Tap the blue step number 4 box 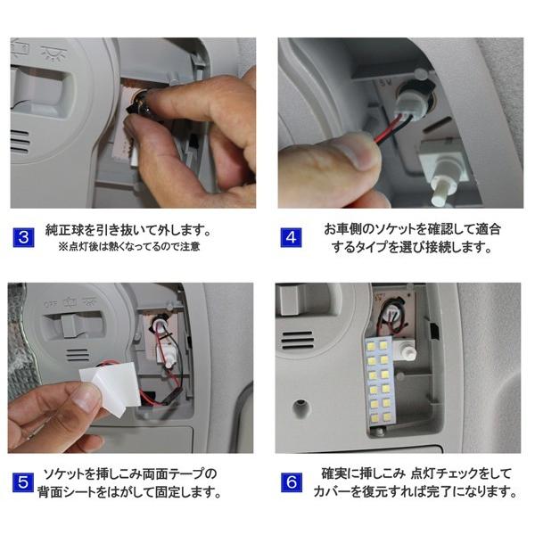pyautogui.click(x=292, y=237)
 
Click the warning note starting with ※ pyautogui.click(x=129, y=246)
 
